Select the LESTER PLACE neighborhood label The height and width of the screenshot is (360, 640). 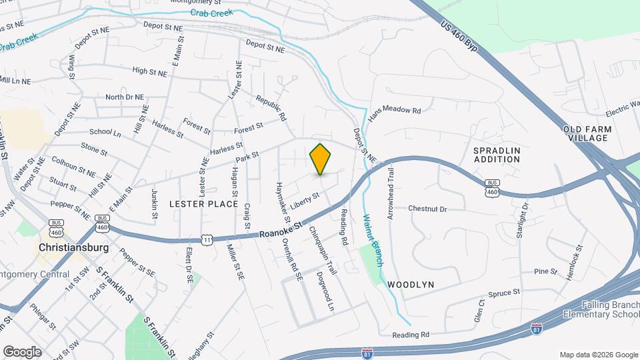tap(203, 203)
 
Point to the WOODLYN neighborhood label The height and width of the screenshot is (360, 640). tap(411, 285)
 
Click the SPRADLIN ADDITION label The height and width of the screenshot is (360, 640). tap(497, 155)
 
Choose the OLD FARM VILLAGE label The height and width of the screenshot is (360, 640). tap(585, 133)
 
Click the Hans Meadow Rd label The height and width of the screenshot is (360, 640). tap(395, 110)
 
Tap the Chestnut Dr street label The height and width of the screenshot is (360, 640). tap(427, 209)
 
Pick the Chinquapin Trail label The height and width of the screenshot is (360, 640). tap(321, 249)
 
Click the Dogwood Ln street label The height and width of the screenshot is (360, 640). tap(325, 291)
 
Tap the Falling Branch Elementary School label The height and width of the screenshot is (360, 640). tap(601, 309)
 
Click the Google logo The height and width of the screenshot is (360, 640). tap(22, 351)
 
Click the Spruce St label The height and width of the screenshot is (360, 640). tap(504, 293)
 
